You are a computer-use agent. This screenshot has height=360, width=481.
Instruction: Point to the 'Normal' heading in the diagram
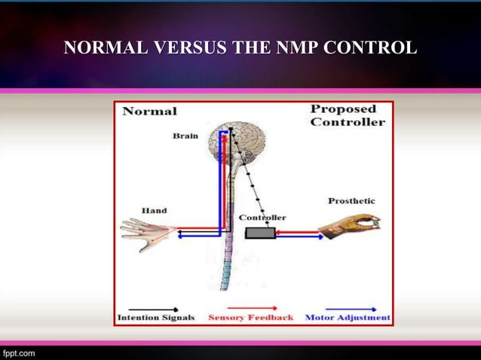click(149, 111)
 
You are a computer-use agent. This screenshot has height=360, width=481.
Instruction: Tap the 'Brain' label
click(185, 136)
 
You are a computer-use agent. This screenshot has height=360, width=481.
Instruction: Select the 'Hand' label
click(154, 210)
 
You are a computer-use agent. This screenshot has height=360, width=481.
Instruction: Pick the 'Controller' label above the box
click(262, 218)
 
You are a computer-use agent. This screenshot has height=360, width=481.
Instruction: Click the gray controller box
click(260, 233)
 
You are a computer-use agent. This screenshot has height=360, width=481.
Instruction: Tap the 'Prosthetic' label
click(351, 201)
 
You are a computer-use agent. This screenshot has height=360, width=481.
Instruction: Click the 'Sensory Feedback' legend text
click(250, 318)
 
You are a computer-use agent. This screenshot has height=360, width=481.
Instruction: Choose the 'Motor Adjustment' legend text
click(348, 318)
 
